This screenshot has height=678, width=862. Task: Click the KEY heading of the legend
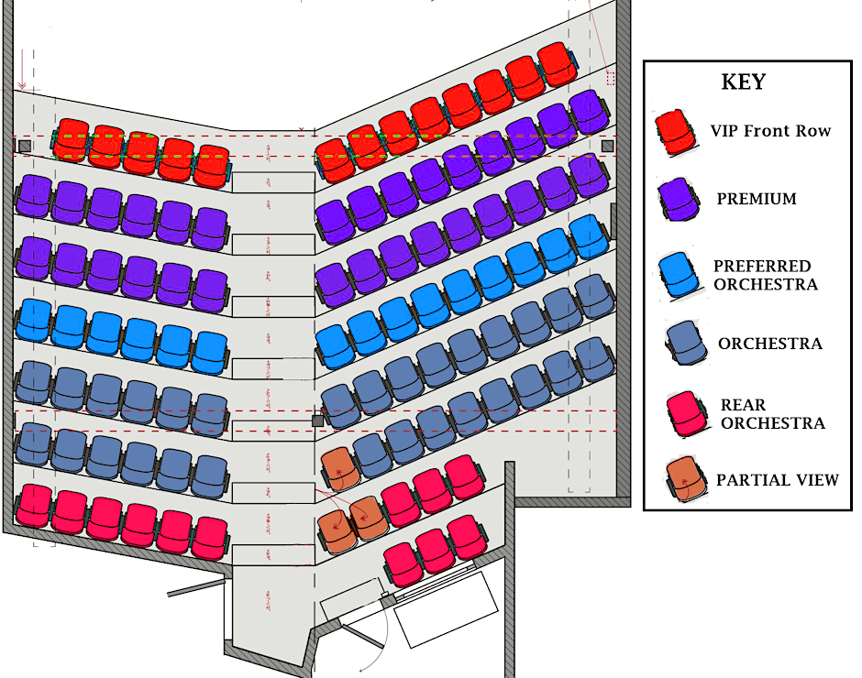(743, 82)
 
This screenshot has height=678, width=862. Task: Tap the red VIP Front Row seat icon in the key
(677, 132)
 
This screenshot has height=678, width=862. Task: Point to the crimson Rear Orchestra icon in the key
(687, 414)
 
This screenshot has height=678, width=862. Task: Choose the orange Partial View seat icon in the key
(687, 479)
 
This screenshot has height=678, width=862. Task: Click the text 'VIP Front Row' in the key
(770, 131)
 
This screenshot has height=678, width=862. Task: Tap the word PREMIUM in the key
(757, 199)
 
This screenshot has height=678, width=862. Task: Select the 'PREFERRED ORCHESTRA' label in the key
(765, 275)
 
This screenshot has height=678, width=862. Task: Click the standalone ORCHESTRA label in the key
(770, 344)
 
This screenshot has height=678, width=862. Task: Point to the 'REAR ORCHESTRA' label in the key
(772, 414)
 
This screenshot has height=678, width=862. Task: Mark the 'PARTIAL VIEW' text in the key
(778, 479)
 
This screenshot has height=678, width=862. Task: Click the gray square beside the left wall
(25, 146)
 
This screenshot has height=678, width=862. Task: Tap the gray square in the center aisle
(318, 421)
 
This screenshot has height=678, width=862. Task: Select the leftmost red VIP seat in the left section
(70, 139)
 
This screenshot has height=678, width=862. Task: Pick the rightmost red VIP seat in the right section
(556, 63)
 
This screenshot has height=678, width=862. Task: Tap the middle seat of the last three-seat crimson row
(435, 550)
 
